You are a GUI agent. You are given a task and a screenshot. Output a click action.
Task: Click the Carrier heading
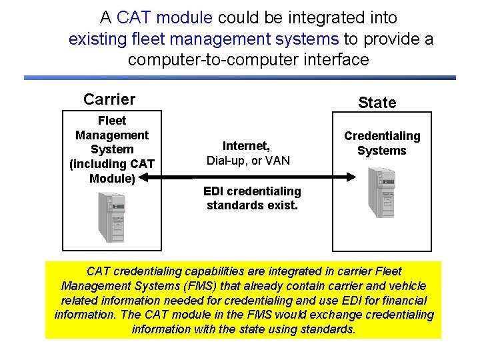pyautogui.click(x=109, y=99)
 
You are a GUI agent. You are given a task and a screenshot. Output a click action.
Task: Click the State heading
pyautogui.click(x=377, y=103)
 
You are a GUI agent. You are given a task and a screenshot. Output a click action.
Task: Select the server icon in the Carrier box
pyautogui.click(x=110, y=217)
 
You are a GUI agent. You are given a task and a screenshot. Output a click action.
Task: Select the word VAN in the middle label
pyautogui.click(x=277, y=161)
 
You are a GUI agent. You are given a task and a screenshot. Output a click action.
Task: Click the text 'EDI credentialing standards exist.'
pyautogui.click(x=252, y=198)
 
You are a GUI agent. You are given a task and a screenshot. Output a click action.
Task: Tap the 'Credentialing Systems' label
pyautogui.click(x=382, y=143)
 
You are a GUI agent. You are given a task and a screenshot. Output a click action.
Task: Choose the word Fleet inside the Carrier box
pyautogui.click(x=112, y=121)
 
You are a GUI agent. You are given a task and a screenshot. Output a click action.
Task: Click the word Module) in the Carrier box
pyautogui.click(x=112, y=178)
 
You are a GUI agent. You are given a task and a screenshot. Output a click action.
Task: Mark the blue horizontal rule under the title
pyautogui.click(x=240, y=78)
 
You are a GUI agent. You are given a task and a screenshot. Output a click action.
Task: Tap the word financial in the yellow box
pyautogui.click(x=401, y=301)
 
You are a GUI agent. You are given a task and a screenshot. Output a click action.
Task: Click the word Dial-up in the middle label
pyautogui.click(x=226, y=161)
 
